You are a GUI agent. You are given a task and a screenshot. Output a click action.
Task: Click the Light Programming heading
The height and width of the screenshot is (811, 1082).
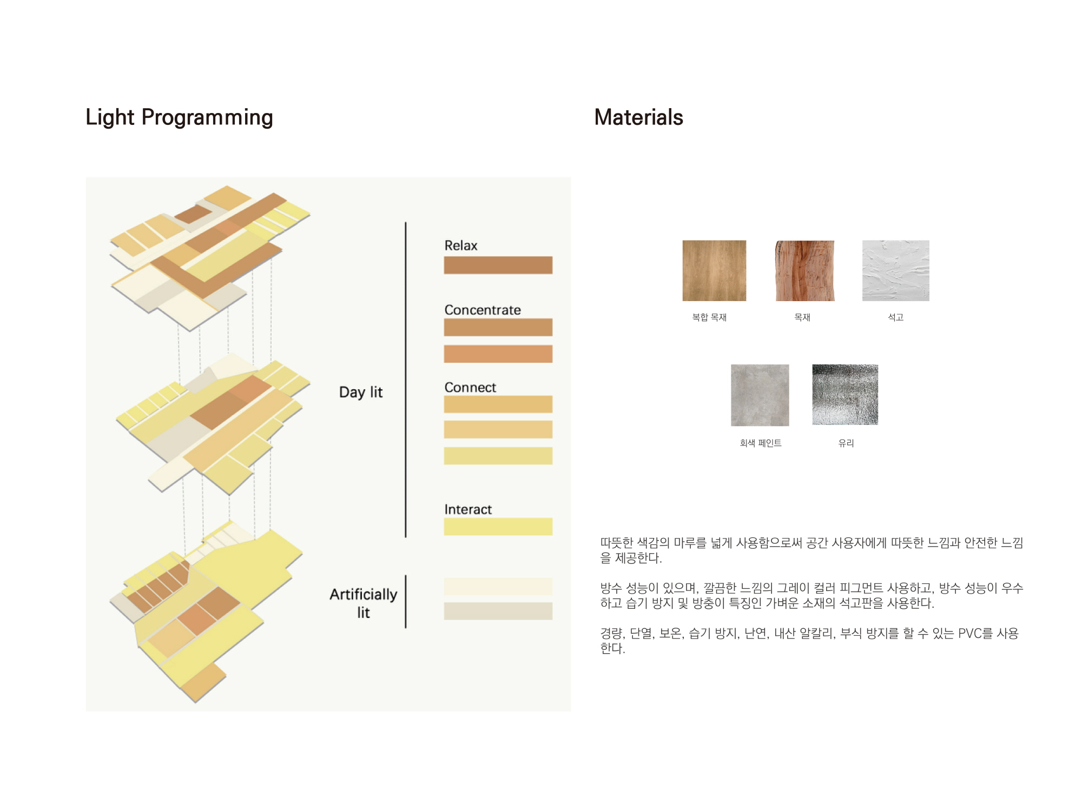(x=179, y=117)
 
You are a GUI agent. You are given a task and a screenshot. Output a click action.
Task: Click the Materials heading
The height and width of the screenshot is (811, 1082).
(x=638, y=117)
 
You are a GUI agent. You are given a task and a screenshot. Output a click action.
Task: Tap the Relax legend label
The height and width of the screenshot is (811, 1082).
(x=461, y=245)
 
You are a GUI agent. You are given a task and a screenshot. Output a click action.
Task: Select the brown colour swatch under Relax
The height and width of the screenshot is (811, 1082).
(x=498, y=265)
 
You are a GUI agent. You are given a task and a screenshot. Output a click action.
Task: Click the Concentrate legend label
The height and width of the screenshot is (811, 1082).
(x=483, y=310)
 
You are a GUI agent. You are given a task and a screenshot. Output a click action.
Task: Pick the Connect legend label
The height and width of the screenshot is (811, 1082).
(x=470, y=387)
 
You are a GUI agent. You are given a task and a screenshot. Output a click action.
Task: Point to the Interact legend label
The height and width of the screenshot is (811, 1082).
(x=468, y=509)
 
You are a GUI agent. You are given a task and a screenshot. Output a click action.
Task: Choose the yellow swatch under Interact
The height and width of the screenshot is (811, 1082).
(x=498, y=527)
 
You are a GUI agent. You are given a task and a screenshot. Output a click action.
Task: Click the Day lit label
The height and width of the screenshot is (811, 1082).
(x=361, y=392)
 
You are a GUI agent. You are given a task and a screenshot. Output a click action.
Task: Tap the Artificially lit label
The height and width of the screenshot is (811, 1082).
(x=364, y=603)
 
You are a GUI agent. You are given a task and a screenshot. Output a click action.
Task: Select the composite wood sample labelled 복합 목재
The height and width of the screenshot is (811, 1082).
(x=714, y=270)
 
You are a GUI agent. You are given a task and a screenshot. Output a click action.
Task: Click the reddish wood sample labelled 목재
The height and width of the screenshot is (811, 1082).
(x=805, y=270)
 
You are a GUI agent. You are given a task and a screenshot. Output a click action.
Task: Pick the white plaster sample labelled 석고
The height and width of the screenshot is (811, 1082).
(x=896, y=270)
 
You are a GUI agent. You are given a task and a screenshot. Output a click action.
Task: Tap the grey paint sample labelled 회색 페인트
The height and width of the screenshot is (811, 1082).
(x=760, y=395)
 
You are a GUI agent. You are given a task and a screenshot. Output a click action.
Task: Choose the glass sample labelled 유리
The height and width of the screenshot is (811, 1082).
(x=845, y=395)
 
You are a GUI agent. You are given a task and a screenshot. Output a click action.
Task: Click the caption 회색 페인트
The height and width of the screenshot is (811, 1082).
(x=761, y=443)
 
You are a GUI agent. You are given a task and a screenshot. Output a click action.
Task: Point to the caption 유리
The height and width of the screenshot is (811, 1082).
(x=846, y=443)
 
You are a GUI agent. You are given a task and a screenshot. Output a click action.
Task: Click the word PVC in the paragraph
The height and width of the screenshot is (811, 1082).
(x=969, y=633)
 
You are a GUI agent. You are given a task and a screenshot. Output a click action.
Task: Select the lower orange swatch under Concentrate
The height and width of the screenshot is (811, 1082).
(x=498, y=354)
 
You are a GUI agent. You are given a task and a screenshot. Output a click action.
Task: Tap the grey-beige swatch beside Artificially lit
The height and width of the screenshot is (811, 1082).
(x=498, y=611)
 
